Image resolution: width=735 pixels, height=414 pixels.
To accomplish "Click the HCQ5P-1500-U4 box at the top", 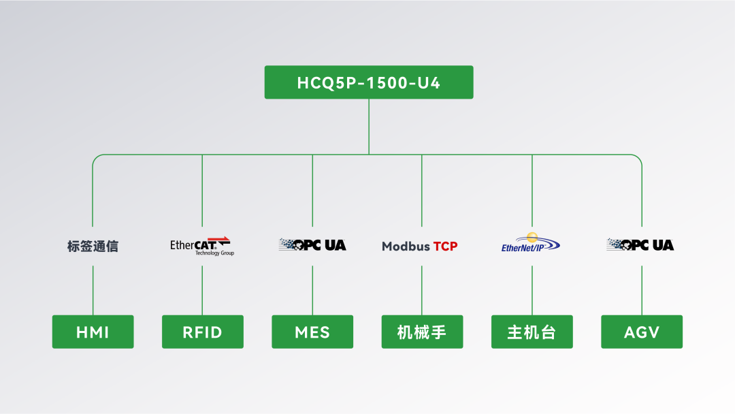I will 368,82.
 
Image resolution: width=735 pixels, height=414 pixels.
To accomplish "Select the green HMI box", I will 93,332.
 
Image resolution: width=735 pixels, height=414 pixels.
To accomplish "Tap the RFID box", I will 202,332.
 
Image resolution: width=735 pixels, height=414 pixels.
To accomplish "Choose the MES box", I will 312,332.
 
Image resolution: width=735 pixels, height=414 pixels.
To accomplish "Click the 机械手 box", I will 422,332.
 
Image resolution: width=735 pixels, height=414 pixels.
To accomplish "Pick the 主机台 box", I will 532,332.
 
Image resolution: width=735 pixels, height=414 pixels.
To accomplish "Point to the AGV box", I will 642,332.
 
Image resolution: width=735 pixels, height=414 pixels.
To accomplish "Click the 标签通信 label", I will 93,246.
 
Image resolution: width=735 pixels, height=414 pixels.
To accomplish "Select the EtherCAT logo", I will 201,245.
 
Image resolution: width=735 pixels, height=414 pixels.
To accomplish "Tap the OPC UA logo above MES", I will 312,244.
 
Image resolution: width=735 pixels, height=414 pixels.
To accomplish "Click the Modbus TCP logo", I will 419,246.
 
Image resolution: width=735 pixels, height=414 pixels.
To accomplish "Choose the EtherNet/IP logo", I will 530,243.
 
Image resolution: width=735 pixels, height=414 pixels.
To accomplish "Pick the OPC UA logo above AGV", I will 640,244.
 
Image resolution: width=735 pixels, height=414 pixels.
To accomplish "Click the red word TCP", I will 445,246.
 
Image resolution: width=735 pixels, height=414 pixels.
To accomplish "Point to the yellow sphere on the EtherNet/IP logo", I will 532,236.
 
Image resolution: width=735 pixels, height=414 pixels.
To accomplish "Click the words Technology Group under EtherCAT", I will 214,253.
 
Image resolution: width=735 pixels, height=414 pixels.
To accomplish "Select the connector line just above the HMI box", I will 93,290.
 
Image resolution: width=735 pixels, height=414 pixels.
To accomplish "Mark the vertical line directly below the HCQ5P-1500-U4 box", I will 369,126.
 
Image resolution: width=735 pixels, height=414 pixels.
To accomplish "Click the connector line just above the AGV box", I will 642,290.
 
